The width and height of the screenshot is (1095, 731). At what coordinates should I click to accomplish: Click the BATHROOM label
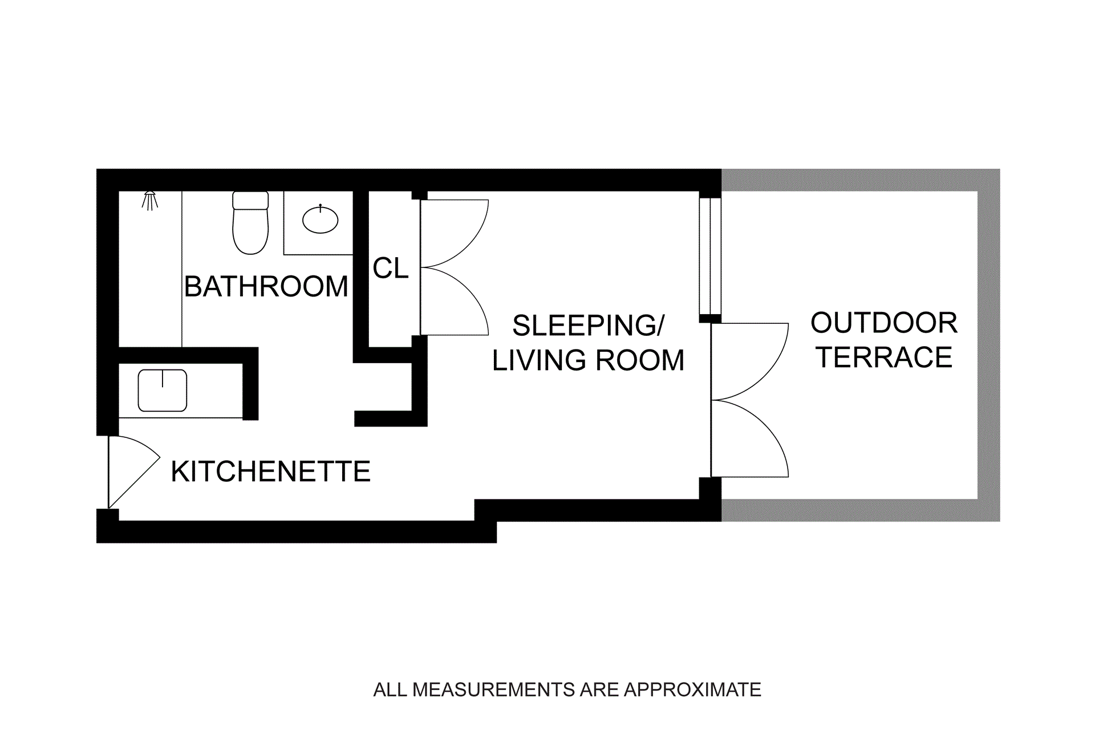266,286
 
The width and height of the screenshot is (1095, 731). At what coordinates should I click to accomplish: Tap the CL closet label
391,268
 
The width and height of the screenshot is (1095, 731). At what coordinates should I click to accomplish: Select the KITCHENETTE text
270,472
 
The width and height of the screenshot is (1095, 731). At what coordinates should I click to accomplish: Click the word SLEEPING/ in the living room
588,326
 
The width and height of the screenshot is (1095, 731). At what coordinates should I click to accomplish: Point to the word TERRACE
884,358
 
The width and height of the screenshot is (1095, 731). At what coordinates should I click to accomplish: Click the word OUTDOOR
884,323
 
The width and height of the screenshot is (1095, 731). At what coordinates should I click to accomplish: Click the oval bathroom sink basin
320,220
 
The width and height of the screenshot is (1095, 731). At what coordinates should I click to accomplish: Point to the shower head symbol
150,200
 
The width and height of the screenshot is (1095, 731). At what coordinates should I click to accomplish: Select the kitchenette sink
163,391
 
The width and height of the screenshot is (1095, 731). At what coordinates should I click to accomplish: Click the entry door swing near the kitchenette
131,470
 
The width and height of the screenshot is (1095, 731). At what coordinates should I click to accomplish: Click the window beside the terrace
710,255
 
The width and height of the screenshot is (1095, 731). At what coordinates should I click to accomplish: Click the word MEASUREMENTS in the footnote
494,690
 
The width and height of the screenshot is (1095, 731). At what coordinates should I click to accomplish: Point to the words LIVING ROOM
588,360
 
